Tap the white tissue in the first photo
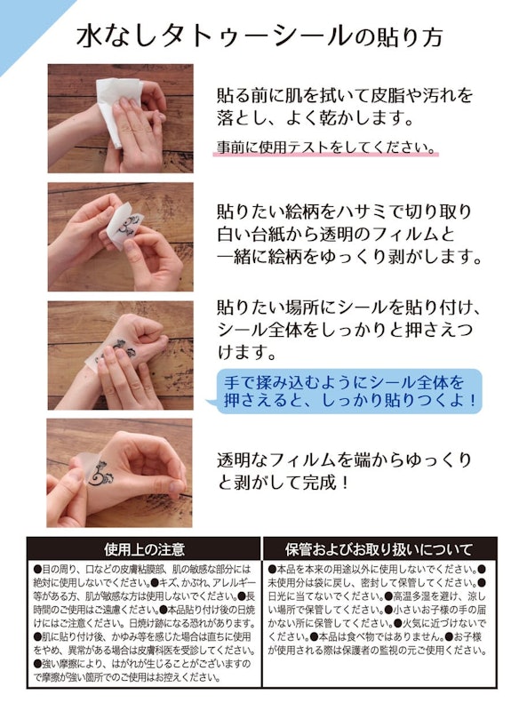coord(115,106)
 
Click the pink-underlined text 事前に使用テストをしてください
coord(325,147)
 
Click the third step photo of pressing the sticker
coord(119,355)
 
